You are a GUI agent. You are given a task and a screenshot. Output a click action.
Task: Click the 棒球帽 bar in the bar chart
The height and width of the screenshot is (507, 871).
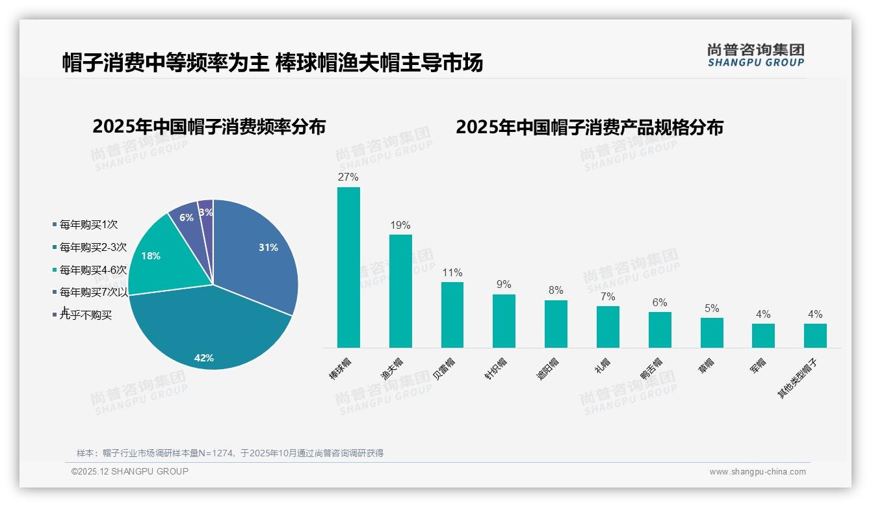[x=348, y=267]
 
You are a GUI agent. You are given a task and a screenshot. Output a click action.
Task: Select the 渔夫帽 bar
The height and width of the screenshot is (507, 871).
[x=400, y=291]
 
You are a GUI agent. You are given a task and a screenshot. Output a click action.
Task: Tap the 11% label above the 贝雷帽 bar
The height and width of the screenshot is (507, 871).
[x=452, y=273]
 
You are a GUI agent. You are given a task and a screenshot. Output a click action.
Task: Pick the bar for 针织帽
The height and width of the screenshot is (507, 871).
[x=504, y=321]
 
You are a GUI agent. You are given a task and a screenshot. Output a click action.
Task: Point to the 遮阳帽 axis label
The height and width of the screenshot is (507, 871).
[x=548, y=369]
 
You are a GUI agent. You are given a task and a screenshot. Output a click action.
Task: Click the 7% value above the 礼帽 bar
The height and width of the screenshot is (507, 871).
[x=608, y=297]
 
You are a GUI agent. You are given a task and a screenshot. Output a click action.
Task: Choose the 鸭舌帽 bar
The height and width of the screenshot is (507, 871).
[x=660, y=330]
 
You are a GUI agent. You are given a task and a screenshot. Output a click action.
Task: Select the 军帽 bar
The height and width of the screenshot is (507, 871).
[x=763, y=335]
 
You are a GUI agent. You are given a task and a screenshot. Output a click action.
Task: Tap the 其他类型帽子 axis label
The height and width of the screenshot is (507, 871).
[x=798, y=378]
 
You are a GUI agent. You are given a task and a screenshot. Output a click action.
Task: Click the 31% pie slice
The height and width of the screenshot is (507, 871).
[x=260, y=253]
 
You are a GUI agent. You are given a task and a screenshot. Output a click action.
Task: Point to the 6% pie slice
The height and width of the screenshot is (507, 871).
[x=185, y=216]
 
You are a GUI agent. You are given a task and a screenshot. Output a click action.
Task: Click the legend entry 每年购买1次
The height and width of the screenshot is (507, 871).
[x=88, y=225]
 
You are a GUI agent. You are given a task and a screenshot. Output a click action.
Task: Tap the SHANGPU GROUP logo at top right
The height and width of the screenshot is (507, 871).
[x=755, y=55]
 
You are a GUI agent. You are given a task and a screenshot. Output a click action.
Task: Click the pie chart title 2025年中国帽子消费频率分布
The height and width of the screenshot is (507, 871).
[x=209, y=127]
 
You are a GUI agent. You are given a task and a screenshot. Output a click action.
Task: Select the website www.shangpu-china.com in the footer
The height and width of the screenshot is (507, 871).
[x=757, y=472]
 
